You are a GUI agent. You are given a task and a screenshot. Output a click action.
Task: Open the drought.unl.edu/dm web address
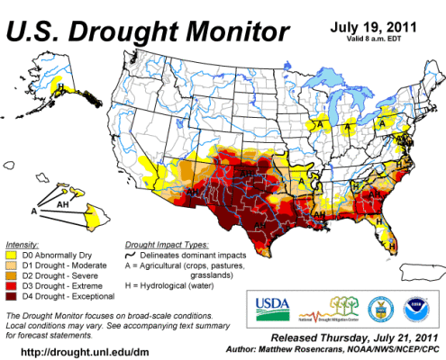point(72,351)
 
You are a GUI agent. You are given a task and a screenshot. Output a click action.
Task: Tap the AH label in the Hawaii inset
point(63,204)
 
